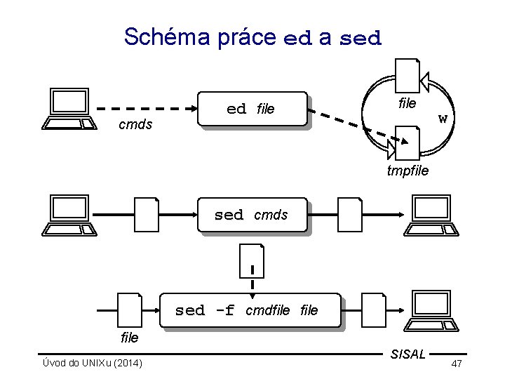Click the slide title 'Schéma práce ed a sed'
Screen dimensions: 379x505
click(x=252, y=36)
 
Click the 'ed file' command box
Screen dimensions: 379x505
click(x=252, y=109)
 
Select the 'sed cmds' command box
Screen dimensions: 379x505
click(x=251, y=215)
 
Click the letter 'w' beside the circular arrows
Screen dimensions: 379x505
click(x=442, y=118)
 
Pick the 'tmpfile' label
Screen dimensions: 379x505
click(x=408, y=171)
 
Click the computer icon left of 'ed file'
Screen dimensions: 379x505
click(x=69, y=109)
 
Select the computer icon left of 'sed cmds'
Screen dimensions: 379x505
click(x=69, y=215)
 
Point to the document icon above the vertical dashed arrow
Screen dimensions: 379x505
click(x=251, y=260)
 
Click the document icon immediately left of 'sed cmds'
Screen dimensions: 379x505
click(x=147, y=215)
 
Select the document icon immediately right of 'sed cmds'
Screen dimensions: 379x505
click(x=349, y=215)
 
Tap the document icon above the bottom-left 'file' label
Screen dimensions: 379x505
click(x=130, y=310)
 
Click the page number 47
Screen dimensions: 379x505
click(x=457, y=364)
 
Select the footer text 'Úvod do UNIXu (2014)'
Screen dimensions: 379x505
click(x=91, y=363)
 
